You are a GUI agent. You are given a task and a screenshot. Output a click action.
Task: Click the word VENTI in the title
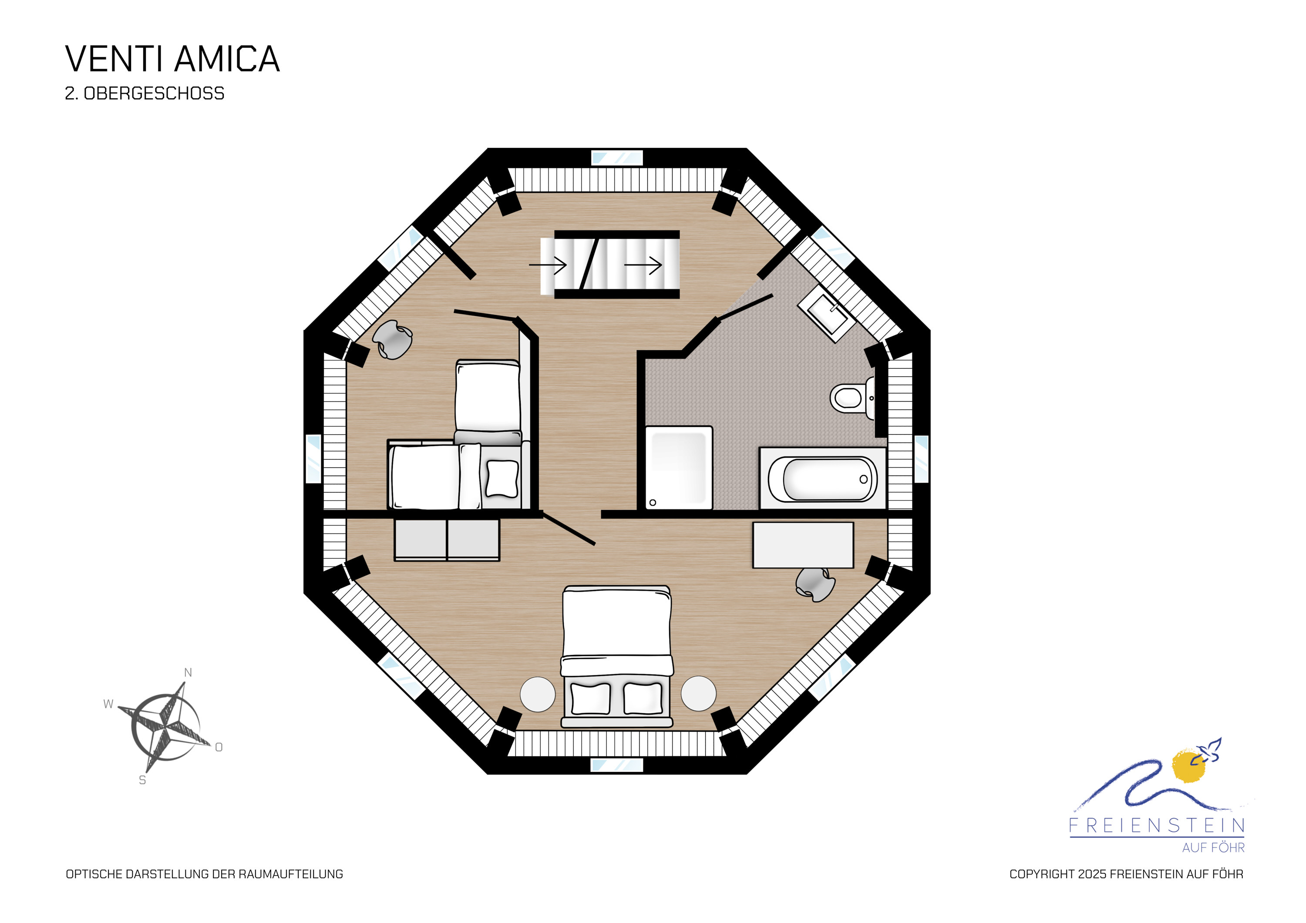[x=116, y=59]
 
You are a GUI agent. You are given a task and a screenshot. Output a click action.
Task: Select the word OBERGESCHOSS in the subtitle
[x=154, y=93]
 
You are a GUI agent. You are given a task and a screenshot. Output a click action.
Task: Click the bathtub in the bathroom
[x=822, y=478]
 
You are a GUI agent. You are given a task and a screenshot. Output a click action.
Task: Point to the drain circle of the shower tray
[x=653, y=502]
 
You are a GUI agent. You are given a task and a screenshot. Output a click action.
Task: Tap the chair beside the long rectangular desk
[x=815, y=584]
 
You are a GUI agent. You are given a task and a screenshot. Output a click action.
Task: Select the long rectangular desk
[x=803, y=545]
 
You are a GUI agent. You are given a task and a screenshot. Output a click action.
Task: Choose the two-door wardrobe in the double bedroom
[x=447, y=539]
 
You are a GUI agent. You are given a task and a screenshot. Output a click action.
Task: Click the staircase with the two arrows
[x=610, y=265]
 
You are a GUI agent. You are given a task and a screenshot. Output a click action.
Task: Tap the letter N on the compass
[x=188, y=673]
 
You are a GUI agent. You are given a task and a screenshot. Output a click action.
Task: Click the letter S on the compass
[x=142, y=780]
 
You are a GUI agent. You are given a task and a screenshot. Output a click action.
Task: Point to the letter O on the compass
[x=219, y=747]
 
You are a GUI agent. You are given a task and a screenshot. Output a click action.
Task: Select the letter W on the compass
[x=108, y=704]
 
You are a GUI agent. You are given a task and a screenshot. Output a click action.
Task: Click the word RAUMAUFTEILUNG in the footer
[x=291, y=874]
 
